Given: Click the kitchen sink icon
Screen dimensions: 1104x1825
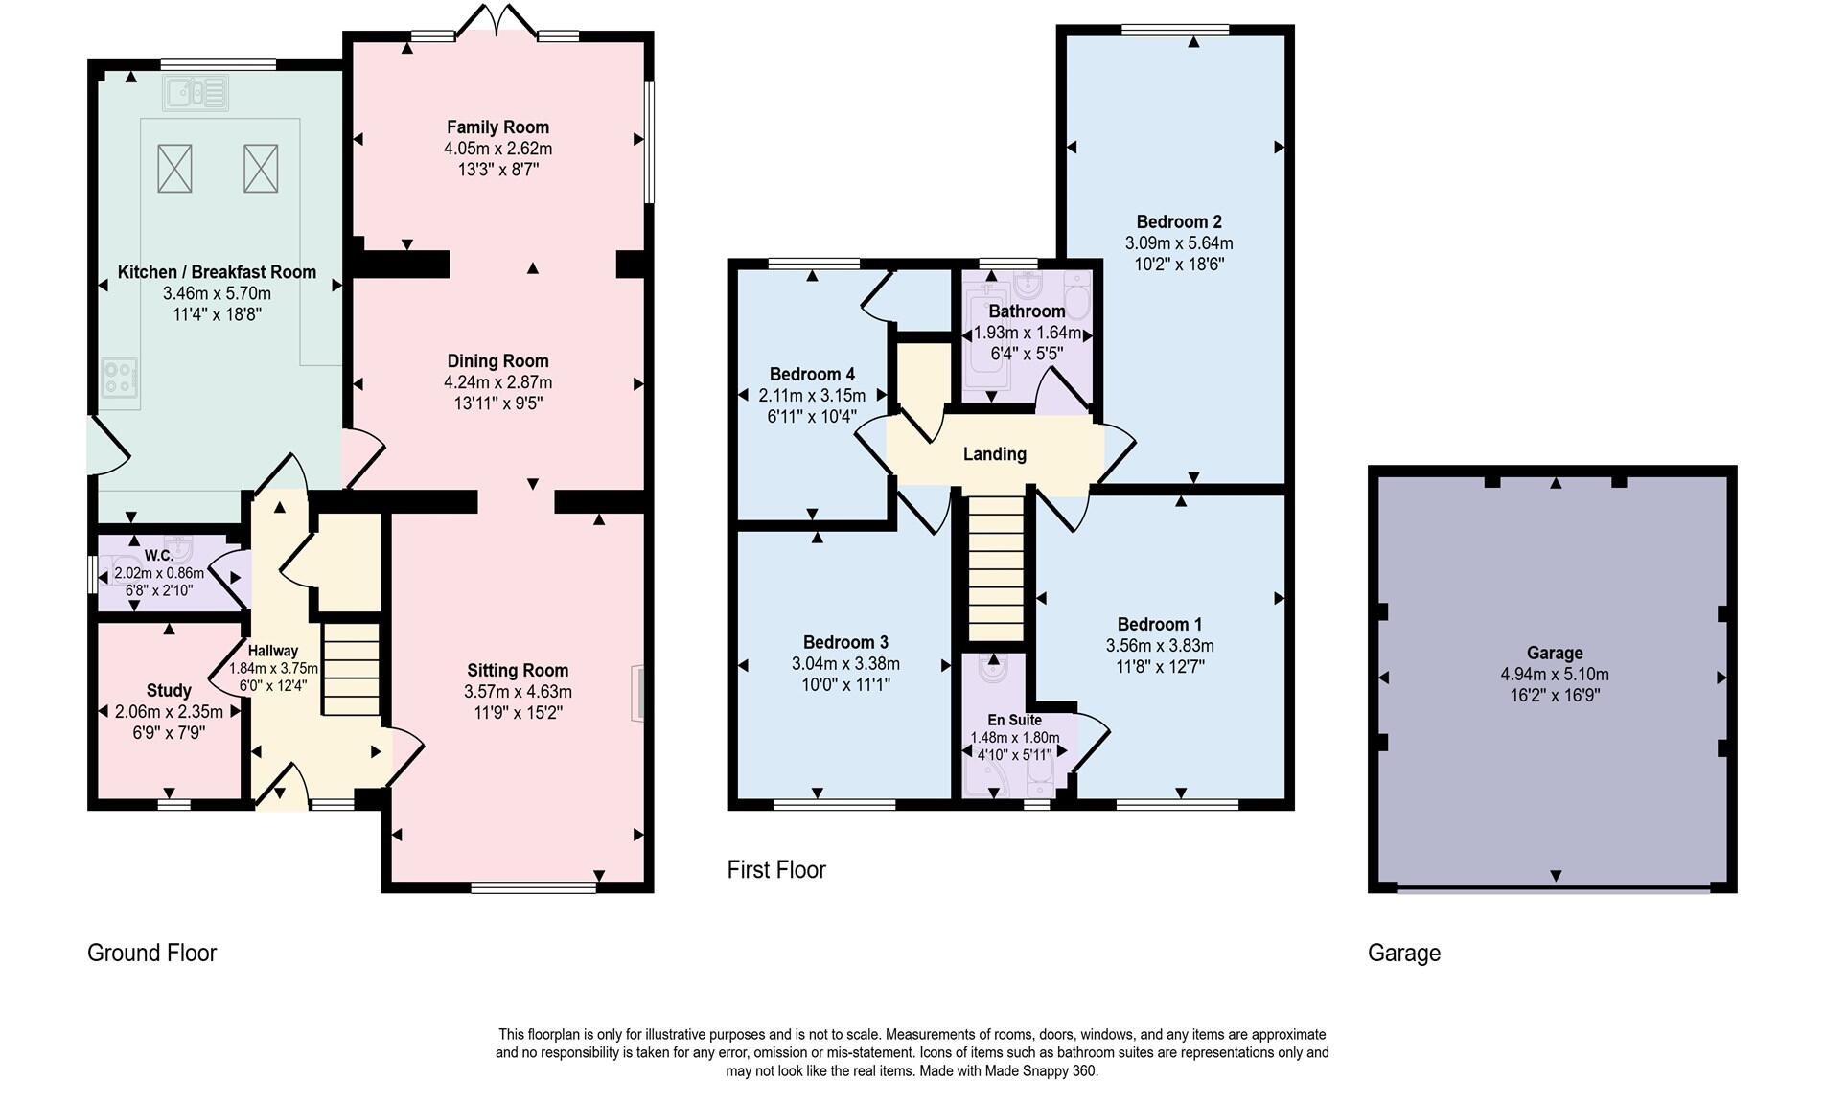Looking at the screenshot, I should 196,93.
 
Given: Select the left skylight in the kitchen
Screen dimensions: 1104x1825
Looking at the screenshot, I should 174,169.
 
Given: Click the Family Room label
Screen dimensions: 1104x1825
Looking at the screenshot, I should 497,127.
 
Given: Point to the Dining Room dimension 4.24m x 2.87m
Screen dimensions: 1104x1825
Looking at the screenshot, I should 497,382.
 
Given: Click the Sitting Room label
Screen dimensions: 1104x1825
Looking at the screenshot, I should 518,671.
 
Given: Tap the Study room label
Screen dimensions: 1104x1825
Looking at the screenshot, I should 169,690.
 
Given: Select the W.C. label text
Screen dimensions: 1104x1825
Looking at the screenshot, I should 159,556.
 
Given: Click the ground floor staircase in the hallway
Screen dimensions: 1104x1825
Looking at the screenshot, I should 352,668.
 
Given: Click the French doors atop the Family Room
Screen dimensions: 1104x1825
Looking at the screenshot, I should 497,21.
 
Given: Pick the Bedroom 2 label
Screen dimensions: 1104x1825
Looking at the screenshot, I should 1179,222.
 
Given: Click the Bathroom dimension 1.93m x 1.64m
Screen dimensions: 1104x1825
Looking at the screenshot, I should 1027,333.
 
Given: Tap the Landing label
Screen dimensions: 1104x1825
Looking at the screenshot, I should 994,454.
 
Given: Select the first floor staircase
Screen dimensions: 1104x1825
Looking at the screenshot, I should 996,567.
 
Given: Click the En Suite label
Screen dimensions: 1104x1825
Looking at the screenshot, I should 1014,720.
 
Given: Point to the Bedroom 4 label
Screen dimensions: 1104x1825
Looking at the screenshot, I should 812,375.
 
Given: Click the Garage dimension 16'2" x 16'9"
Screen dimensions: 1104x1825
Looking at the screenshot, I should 1554,696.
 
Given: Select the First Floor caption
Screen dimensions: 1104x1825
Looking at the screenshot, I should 775,869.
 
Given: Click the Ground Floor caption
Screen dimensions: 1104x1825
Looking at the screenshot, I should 151,953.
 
